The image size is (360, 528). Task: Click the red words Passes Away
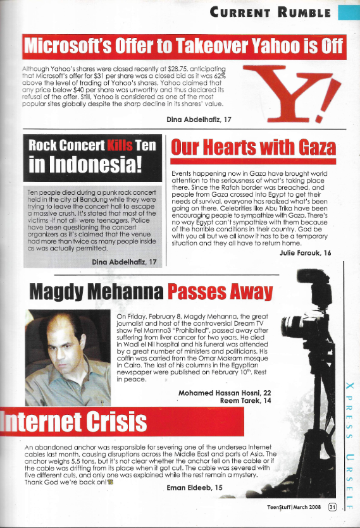219,292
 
